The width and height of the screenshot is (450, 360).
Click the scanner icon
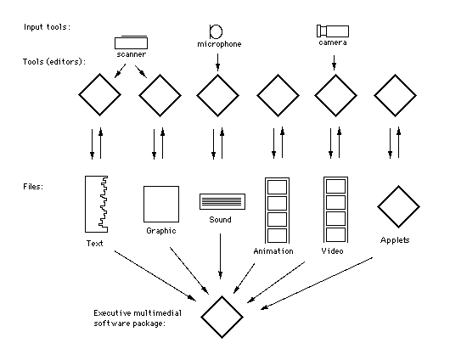131,42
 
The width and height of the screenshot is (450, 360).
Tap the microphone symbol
216,31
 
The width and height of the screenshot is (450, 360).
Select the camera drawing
333,31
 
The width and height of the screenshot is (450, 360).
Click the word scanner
131,54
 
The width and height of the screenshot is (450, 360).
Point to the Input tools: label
47,27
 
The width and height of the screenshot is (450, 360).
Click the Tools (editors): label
54,62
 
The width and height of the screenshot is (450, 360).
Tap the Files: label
33,187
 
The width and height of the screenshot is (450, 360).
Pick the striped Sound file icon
222,201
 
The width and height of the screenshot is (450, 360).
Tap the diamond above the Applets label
398,206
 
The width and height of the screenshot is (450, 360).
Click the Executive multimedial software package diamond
222,318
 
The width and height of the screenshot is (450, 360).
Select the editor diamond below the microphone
218,96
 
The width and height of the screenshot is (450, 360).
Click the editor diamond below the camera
335,96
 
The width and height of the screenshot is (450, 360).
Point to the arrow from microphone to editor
218,62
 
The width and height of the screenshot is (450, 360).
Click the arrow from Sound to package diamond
221,256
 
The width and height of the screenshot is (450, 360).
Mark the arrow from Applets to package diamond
317,284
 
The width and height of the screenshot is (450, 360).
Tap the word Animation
273,251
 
